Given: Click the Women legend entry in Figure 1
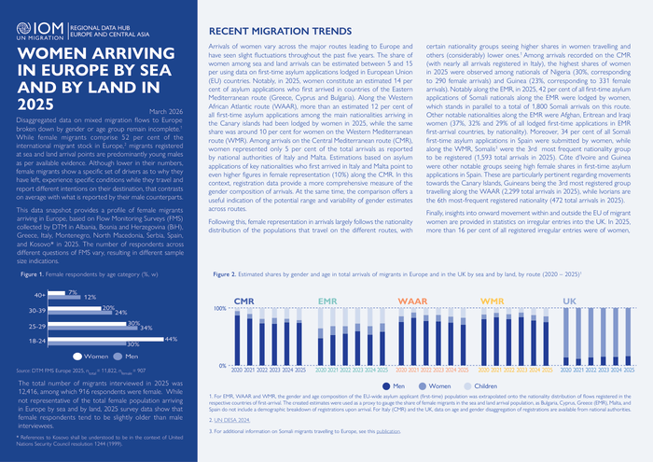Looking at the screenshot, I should [x=98, y=357].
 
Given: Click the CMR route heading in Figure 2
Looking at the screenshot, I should [x=243, y=301].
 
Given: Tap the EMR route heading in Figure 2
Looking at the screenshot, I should [x=327, y=301].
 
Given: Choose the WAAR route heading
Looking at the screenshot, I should [x=412, y=301].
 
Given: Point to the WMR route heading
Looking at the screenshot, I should [x=493, y=301].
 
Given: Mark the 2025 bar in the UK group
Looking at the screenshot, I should [x=630, y=339].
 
